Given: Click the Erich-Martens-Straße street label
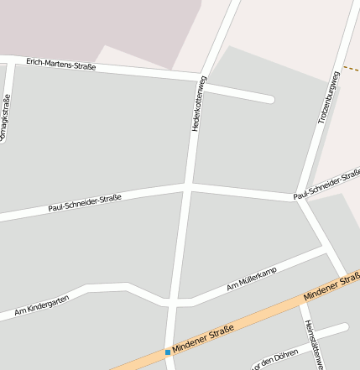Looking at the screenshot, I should (60, 64).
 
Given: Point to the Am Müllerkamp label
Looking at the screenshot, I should (252, 281).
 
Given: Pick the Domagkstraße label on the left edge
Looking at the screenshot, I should (6, 117).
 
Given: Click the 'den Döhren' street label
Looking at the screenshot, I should (274, 359).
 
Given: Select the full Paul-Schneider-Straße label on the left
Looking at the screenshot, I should (85, 202).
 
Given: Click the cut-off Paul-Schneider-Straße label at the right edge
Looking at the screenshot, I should (327, 187).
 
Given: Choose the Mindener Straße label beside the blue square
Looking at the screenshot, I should (203, 340).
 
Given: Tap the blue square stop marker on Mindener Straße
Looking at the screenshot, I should (168, 352).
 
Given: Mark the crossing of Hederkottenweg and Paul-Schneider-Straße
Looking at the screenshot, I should (188, 185).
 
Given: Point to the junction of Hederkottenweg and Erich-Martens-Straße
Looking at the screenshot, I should (201, 79).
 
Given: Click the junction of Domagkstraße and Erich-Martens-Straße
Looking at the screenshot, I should (9, 60).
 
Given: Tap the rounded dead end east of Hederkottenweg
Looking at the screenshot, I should (269, 99).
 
